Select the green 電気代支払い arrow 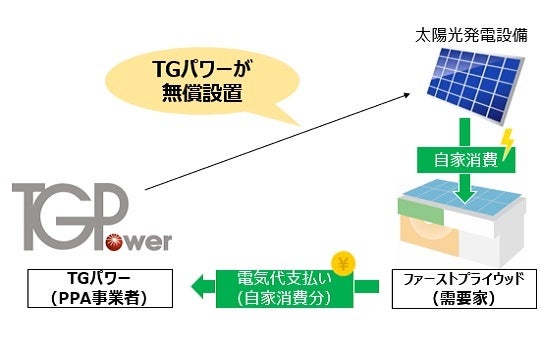290,288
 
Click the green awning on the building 414,208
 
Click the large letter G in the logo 80,212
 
